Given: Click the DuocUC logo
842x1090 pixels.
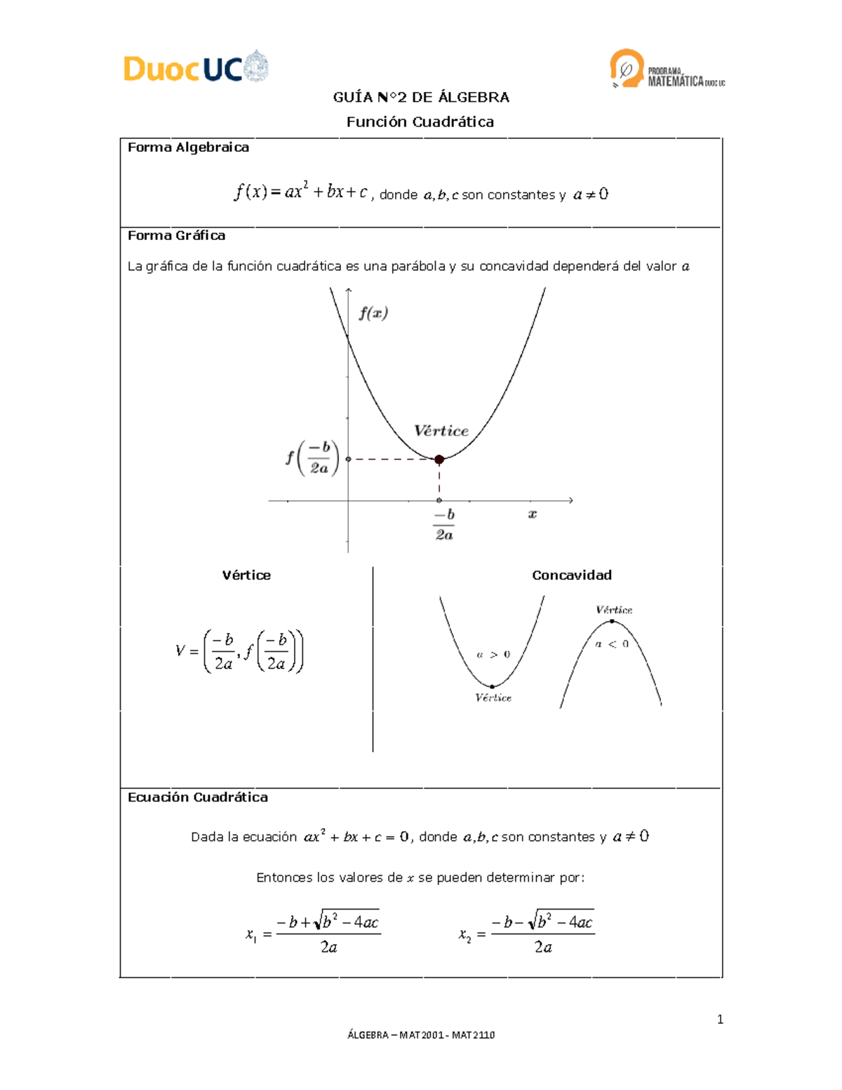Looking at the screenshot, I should [196, 68].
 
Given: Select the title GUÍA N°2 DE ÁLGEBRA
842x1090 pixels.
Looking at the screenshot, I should [421, 98].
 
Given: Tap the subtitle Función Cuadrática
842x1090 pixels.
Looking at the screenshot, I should [420, 122].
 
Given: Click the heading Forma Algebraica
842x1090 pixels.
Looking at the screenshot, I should [188, 147].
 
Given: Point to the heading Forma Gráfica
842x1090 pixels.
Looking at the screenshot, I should [176, 236].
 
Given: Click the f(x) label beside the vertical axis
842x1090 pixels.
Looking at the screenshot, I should [373, 314].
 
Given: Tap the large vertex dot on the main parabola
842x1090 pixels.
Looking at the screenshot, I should [439, 460].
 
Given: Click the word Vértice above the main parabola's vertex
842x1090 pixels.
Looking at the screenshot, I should [441, 431].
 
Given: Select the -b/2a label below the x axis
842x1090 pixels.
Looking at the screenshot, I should [444, 524].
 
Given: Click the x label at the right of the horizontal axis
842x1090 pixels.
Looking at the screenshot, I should [533, 514].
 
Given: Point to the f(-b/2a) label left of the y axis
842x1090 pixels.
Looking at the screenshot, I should [312, 458].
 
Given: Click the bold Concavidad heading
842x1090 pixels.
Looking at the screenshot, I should [571, 576].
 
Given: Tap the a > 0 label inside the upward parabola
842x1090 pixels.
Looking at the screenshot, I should [493, 655].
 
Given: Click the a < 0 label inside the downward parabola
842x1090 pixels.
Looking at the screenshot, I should [612, 644].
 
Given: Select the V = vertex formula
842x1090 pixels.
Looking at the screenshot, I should [239, 651].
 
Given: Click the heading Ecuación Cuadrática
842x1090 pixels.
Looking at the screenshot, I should [197, 797].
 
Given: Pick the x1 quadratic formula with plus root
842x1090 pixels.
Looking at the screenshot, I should [313, 933].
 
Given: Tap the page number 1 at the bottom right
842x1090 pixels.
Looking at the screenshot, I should [720, 1020].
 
